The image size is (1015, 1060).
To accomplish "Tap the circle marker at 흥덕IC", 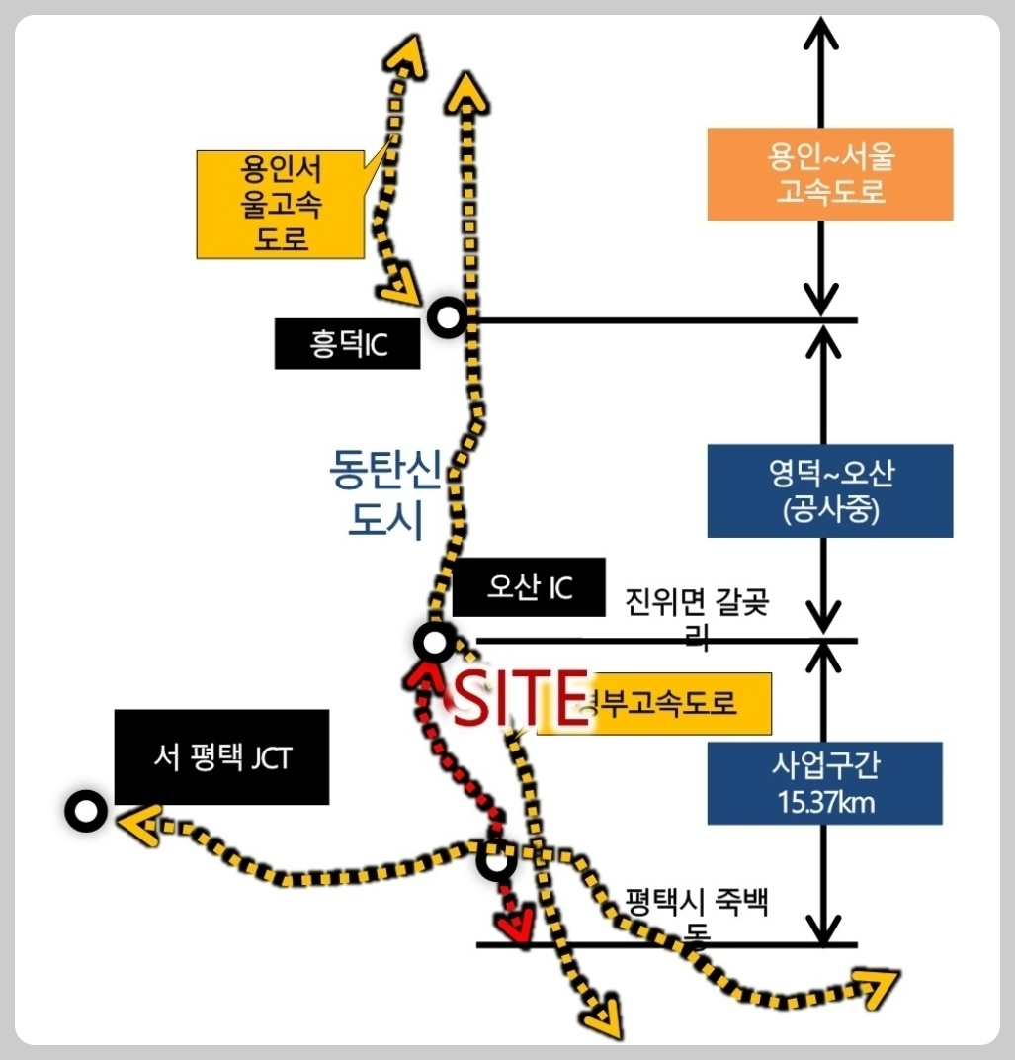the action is (448, 317).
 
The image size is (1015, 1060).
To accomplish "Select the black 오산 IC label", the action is (528, 589).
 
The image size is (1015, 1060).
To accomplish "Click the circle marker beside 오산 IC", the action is (434, 644).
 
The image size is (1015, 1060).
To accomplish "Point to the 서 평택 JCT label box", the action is (221, 756).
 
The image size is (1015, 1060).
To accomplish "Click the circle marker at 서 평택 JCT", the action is (86, 812).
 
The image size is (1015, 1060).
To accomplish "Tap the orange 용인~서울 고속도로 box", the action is (829, 174).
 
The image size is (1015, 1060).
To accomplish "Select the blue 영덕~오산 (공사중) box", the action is (829, 490).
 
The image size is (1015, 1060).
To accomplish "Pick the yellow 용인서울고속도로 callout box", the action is (281, 204).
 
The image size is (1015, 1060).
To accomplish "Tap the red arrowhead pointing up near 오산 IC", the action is (426, 675).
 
